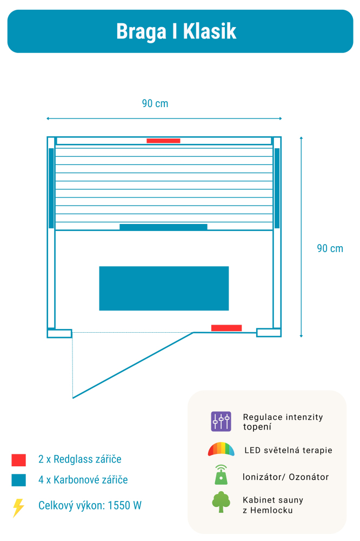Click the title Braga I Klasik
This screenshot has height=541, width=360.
[176, 31]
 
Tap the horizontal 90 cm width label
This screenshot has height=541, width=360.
[155, 103]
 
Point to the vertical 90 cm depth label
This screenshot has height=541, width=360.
[330, 248]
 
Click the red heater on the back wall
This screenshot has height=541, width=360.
[163, 141]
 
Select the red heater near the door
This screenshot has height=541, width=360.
[226, 328]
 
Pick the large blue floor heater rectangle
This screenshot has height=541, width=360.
[164, 288]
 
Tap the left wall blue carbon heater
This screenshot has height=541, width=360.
[51, 188]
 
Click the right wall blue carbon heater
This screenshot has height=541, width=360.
[277, 188]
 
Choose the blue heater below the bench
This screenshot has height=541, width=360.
[163, 227]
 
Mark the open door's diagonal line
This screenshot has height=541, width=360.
[132, 366]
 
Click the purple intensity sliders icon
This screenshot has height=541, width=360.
[221, 421]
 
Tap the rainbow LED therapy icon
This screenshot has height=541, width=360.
[221, 450]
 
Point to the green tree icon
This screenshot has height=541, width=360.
[221, 502]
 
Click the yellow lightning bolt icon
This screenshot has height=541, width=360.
[18, 507]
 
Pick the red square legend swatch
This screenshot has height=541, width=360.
[19, 460]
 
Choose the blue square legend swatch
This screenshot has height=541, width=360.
[19, 480]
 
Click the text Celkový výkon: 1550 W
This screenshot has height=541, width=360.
[90, 506]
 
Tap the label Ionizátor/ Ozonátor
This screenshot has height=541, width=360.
[285, 477]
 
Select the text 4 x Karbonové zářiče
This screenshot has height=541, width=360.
[83, 480]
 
